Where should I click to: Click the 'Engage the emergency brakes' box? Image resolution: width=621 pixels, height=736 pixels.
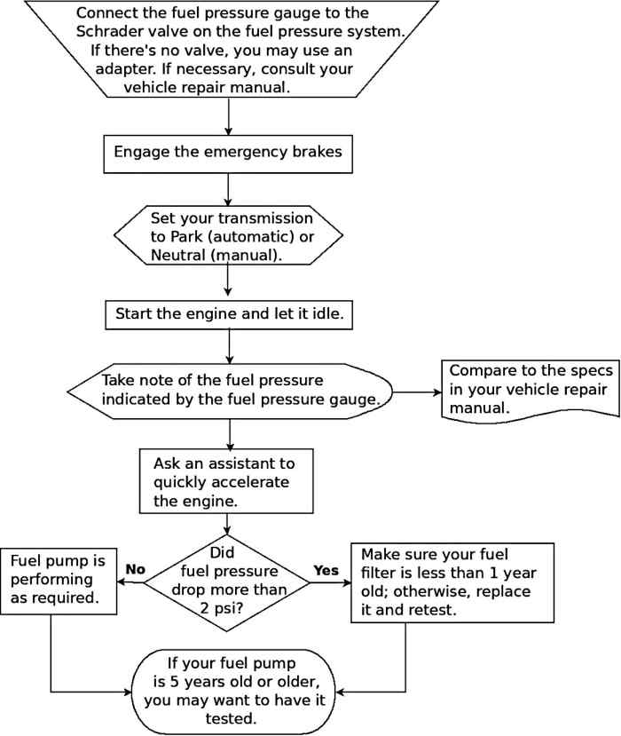229,152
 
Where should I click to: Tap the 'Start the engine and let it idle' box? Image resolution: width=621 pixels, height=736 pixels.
229,314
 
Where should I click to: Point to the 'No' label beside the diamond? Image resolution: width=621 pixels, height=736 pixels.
135,570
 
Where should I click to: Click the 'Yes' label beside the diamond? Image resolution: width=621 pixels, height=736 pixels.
326,570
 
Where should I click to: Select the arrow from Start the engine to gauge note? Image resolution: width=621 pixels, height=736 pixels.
229,344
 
